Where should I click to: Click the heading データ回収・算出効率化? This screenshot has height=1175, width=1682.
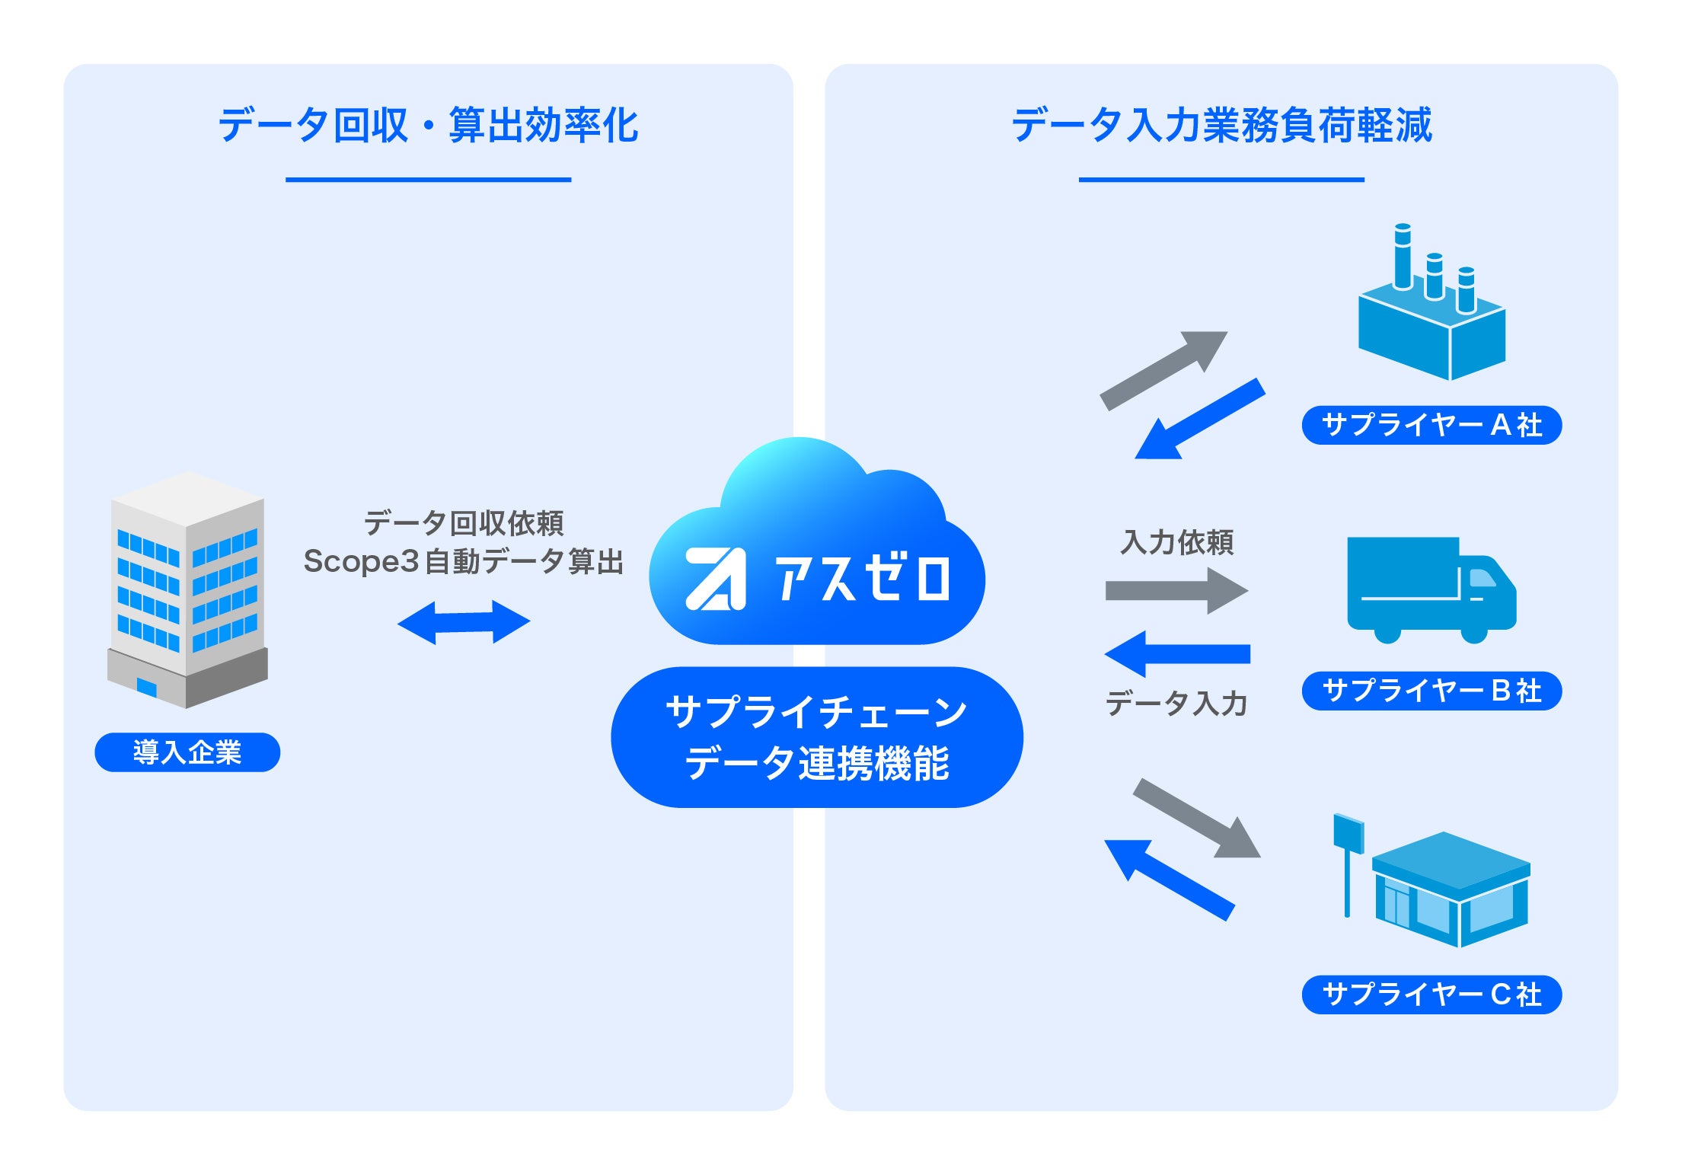tap(428, 125)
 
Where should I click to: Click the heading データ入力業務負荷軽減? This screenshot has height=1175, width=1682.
tap(1221, 125)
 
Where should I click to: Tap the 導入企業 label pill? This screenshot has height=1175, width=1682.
tap(187, 752)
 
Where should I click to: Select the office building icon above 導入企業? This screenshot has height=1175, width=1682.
tap(187, 590)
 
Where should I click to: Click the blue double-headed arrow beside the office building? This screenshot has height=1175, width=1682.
tap(464, 622)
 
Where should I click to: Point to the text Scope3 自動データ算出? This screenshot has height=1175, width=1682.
tap(463, 561)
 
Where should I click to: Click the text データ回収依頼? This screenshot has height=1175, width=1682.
tap(463, 523)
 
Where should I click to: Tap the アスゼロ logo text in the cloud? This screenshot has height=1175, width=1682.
tap(860, 579)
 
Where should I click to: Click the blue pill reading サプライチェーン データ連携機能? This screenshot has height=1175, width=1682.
tap(816, 737)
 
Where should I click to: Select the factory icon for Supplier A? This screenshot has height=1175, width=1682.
tap(1431, 305)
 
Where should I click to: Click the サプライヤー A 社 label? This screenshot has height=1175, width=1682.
tap(1431, 425)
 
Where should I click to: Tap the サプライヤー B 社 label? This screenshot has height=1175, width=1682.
tap(1431, 691)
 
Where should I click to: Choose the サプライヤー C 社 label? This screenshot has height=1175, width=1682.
tap(1431, 995)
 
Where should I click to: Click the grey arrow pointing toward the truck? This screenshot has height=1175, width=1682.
tap(1176, 590)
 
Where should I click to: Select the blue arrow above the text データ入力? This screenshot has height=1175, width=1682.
tap(1177, 653)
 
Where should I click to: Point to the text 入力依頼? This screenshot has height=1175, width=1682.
tap(1177, 542)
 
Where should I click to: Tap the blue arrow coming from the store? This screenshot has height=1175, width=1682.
tap(1170, 880)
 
